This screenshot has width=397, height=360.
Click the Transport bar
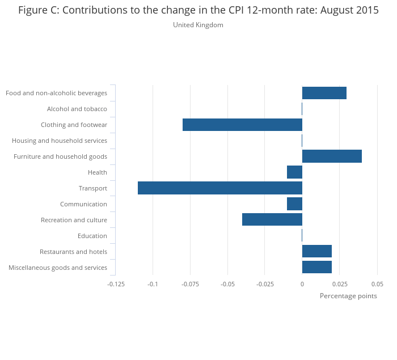(x=220, y=188)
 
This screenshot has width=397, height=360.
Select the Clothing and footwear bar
(x=242, y=125)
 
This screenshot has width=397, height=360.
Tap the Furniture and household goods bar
(x=332, y=156)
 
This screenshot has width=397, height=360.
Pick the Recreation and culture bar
(x=272, y=220)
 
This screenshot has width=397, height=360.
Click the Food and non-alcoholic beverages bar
(x=324, y=93)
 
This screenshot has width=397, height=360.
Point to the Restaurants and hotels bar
(x=316, y=252)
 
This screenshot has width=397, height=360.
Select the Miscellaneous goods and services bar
(x=316, y=268)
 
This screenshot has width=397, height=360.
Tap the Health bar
(x=294, y=172)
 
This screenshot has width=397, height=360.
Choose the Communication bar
(x=294, y=204)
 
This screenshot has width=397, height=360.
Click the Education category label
(x=92, y=236)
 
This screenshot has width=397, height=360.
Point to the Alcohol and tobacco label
(x=77, y=109)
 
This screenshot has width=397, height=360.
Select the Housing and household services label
(x=60, y=141)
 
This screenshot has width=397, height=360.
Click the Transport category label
(x=92, y=188)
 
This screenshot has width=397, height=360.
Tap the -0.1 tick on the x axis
(x=153, y=283)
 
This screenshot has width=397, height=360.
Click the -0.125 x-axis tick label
(x=116, y=283)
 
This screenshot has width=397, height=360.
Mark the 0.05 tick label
(x=377, y=283)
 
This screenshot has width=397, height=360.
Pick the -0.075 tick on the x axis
(x=190, y=283)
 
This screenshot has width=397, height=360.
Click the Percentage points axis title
(x=348, y=296)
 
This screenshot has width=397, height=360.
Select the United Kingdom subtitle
(x=198, y=25)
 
